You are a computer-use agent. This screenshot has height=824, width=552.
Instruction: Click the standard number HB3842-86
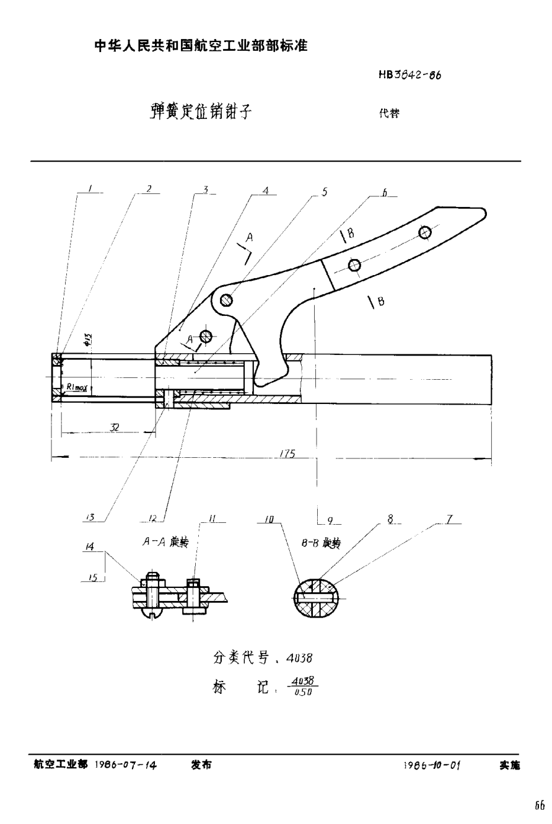click(x=410, y=76)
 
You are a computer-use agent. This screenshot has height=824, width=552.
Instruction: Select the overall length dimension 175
click(x=286, y=454)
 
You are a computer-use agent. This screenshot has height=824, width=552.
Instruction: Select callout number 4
click(x=266, y=191)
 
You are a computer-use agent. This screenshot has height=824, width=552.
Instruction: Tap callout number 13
click(x=90, y=516)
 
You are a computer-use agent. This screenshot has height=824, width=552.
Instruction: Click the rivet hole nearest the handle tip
click(x=424, y=232)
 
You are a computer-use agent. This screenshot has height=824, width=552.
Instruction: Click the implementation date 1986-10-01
click(x=431, y=765)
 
